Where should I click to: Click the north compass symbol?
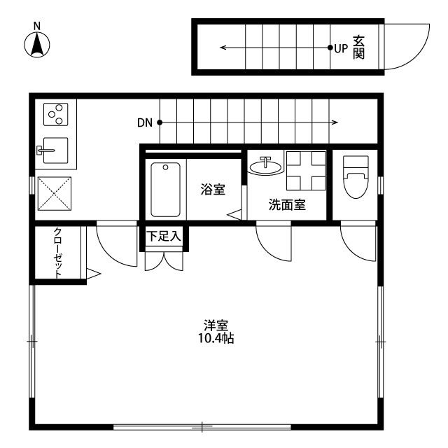(37, 43)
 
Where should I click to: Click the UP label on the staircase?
(341, 48)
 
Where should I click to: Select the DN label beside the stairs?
(145, 123)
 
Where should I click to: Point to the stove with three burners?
(55, 113)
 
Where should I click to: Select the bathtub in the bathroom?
(165, 189)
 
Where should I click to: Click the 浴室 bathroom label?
(212, 189)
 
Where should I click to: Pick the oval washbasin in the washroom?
(266, 166)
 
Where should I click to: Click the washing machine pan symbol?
(307, 170)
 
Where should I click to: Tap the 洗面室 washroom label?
(286, 205)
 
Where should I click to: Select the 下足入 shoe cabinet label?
(164, 237)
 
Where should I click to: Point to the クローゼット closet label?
(58, 253)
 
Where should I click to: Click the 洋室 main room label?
(216, 325)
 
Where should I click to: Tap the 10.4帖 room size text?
(216, 339)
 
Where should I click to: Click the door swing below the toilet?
(355, 241)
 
